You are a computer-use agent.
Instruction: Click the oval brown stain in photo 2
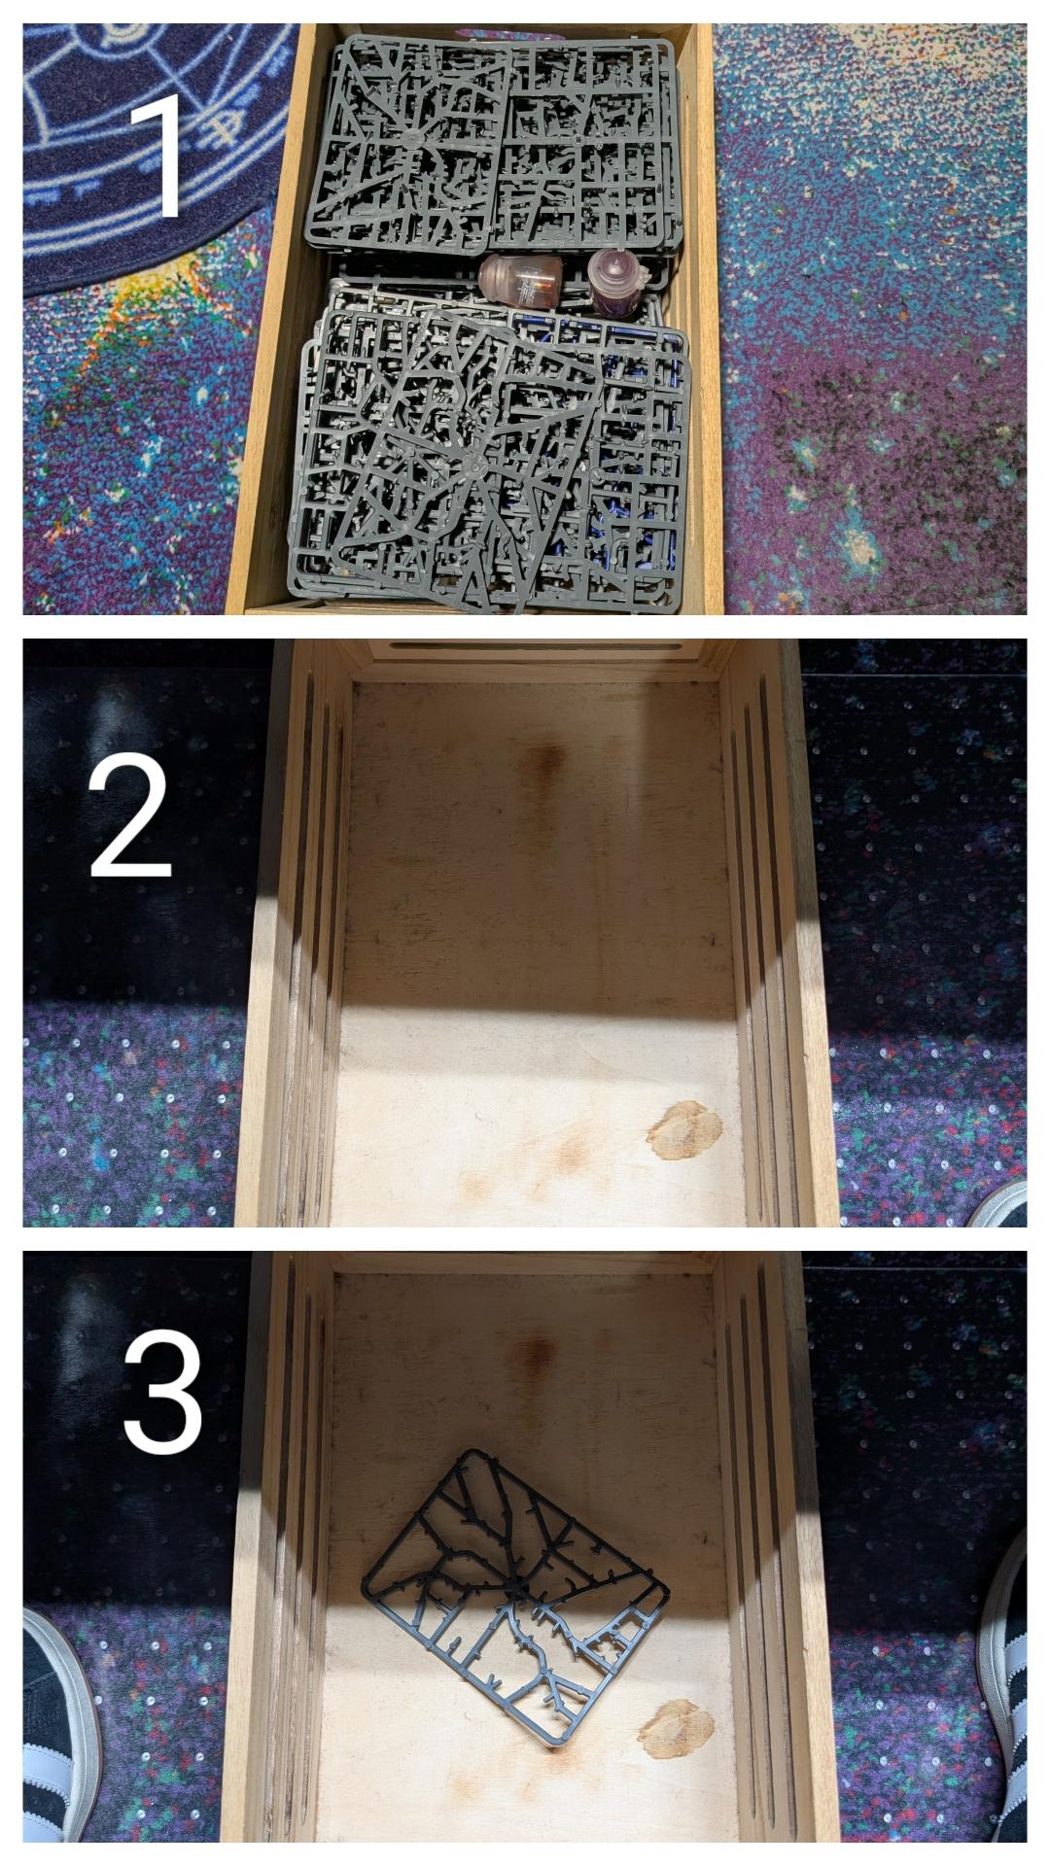[684, 1130]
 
